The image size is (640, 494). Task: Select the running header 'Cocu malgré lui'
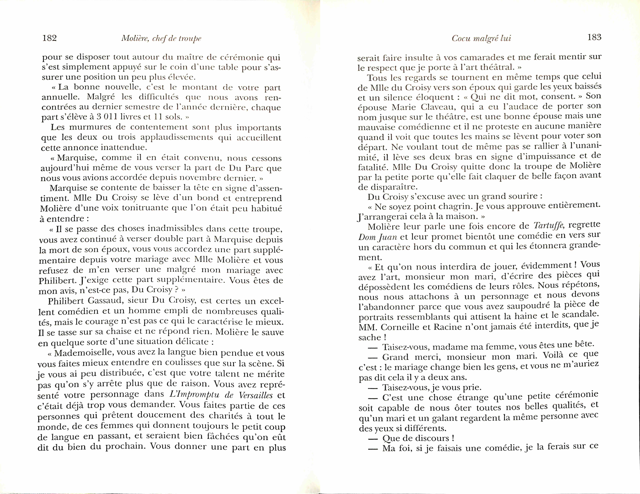pos(481,38)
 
